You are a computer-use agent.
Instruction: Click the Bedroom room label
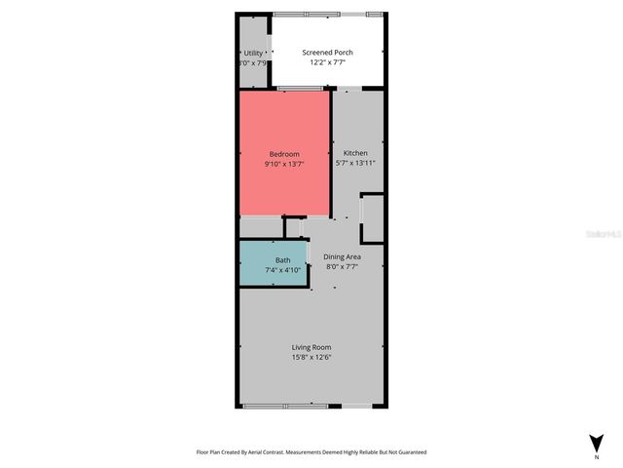[x=284, y=154]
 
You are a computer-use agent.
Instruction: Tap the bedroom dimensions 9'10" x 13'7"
[x=284, y=165]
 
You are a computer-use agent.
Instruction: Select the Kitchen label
[x=355, y=153]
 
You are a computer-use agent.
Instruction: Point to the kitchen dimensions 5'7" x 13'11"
[x=355, y=164]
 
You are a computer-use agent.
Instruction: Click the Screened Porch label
[x=327, y=53]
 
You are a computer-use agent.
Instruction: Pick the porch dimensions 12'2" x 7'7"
[x=327, y=62]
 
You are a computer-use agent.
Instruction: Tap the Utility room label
[x=253, y=53]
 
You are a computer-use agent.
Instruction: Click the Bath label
[x=282, y=260]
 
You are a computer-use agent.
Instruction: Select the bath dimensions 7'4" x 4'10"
[x=282, y=270]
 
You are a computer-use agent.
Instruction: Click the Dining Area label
[x=342, y=257]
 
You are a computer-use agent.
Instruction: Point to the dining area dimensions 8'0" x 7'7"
[x=342, y=267]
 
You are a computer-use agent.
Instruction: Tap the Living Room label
[x=311, y=347]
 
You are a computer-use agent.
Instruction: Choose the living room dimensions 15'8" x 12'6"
[x=311, y=358]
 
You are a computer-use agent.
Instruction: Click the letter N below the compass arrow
[x=597, y=456]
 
